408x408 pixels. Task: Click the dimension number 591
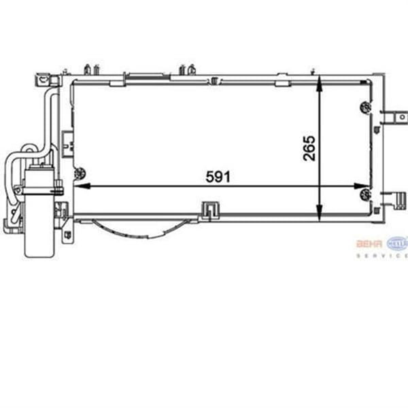point(218,176)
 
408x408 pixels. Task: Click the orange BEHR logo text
point(370,242)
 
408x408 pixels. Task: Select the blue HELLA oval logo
point(396,242)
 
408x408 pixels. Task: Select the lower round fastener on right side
point(366,195)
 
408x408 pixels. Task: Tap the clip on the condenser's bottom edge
point(209,210)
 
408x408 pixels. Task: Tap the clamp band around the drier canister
point(39,183)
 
